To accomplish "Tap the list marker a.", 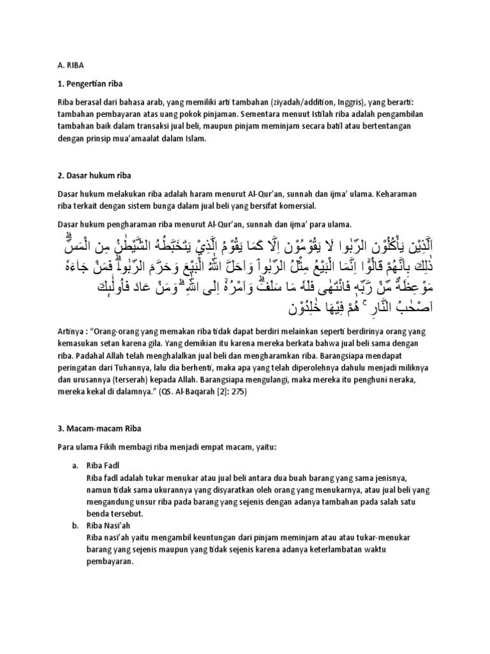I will click(x=75, y=466).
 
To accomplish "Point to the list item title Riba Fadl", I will click(x=102, y=466).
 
